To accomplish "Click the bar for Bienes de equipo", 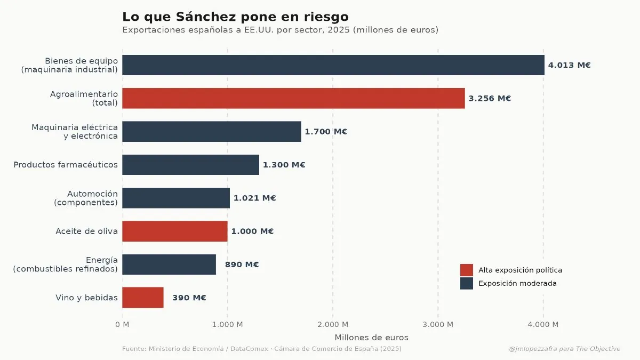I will point(333,65).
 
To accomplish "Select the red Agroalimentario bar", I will point(293,98).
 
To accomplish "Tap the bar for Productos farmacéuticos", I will point(190,165).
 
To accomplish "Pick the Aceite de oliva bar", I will point(175,231).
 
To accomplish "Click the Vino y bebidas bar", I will point(143,298).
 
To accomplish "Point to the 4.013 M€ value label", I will point(569,66).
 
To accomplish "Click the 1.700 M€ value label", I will point(325,132).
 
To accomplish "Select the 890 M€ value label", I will point(242,265).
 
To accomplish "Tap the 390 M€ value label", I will point(189,298).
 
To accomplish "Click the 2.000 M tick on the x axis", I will point(333,324).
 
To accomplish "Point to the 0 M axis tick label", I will point(122,324).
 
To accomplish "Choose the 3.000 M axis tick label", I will point(437,324).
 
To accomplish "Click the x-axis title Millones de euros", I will point(371,338).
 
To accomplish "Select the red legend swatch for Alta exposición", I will point(466,270).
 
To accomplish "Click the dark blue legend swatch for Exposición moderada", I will point(466,283).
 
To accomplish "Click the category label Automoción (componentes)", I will point(85,198).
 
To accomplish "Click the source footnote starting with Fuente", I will point(261,349).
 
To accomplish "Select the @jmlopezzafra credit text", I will point(564,349).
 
